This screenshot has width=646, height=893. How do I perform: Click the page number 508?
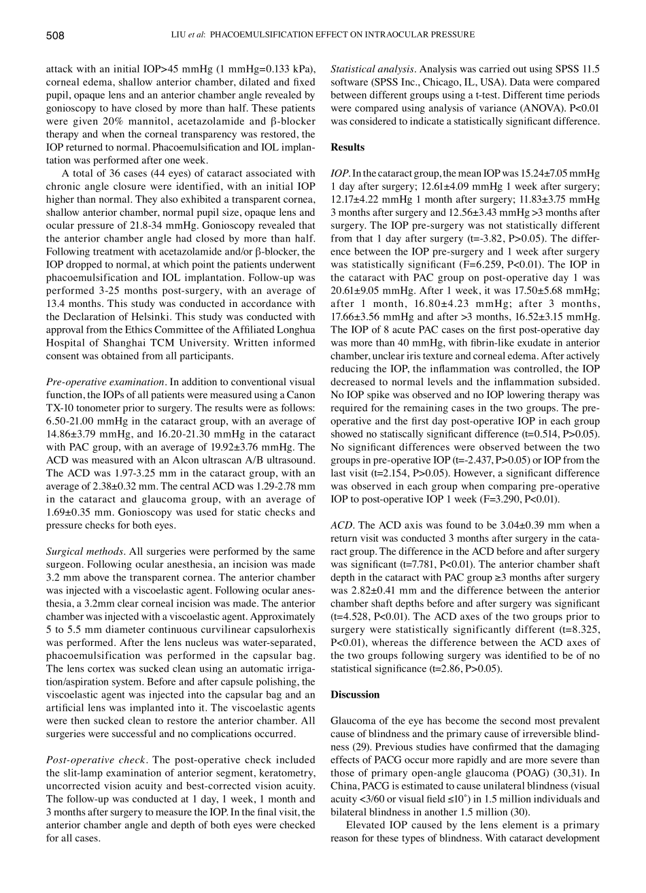[x=55, y=35]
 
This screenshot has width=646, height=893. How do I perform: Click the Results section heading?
[x=347, y=147]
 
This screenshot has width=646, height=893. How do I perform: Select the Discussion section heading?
[x=355, y=695]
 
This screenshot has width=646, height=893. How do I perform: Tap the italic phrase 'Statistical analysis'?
[x=372, y=69]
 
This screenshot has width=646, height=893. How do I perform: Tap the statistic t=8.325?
[x=576, y=630]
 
